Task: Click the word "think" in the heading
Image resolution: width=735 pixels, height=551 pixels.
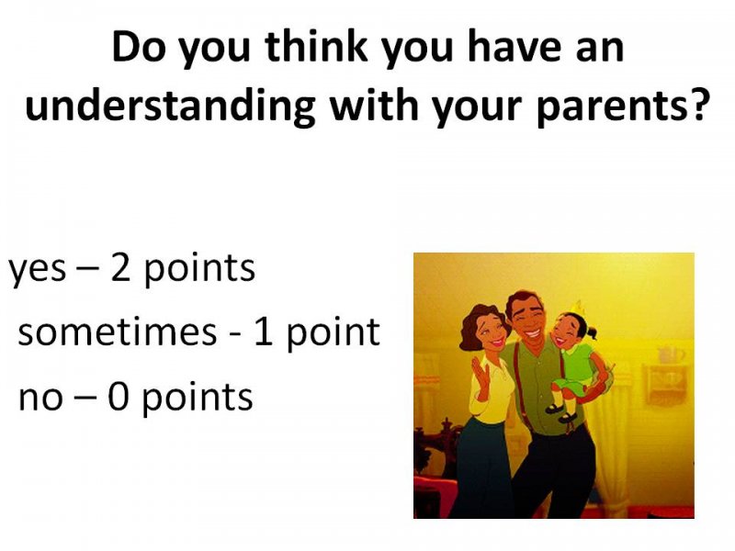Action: tap(316, 46)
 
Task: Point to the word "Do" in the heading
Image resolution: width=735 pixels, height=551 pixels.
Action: tap(139, 46)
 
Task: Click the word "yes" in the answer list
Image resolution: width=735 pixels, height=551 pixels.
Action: tap(38, 270)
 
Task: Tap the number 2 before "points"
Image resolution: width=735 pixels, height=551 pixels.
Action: tap(120, 267)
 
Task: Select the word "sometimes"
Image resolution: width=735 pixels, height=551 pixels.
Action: tap(118, 332)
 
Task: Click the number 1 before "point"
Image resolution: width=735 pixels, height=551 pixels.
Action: tap(263, 332)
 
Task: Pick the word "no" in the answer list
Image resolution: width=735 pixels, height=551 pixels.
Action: tap(40, 399)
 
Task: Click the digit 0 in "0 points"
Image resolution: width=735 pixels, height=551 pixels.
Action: tap(119, 397)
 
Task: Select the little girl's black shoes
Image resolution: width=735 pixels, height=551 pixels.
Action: tap(560, 412)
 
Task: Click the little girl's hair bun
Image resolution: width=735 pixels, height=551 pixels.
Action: tap(591, 333)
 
